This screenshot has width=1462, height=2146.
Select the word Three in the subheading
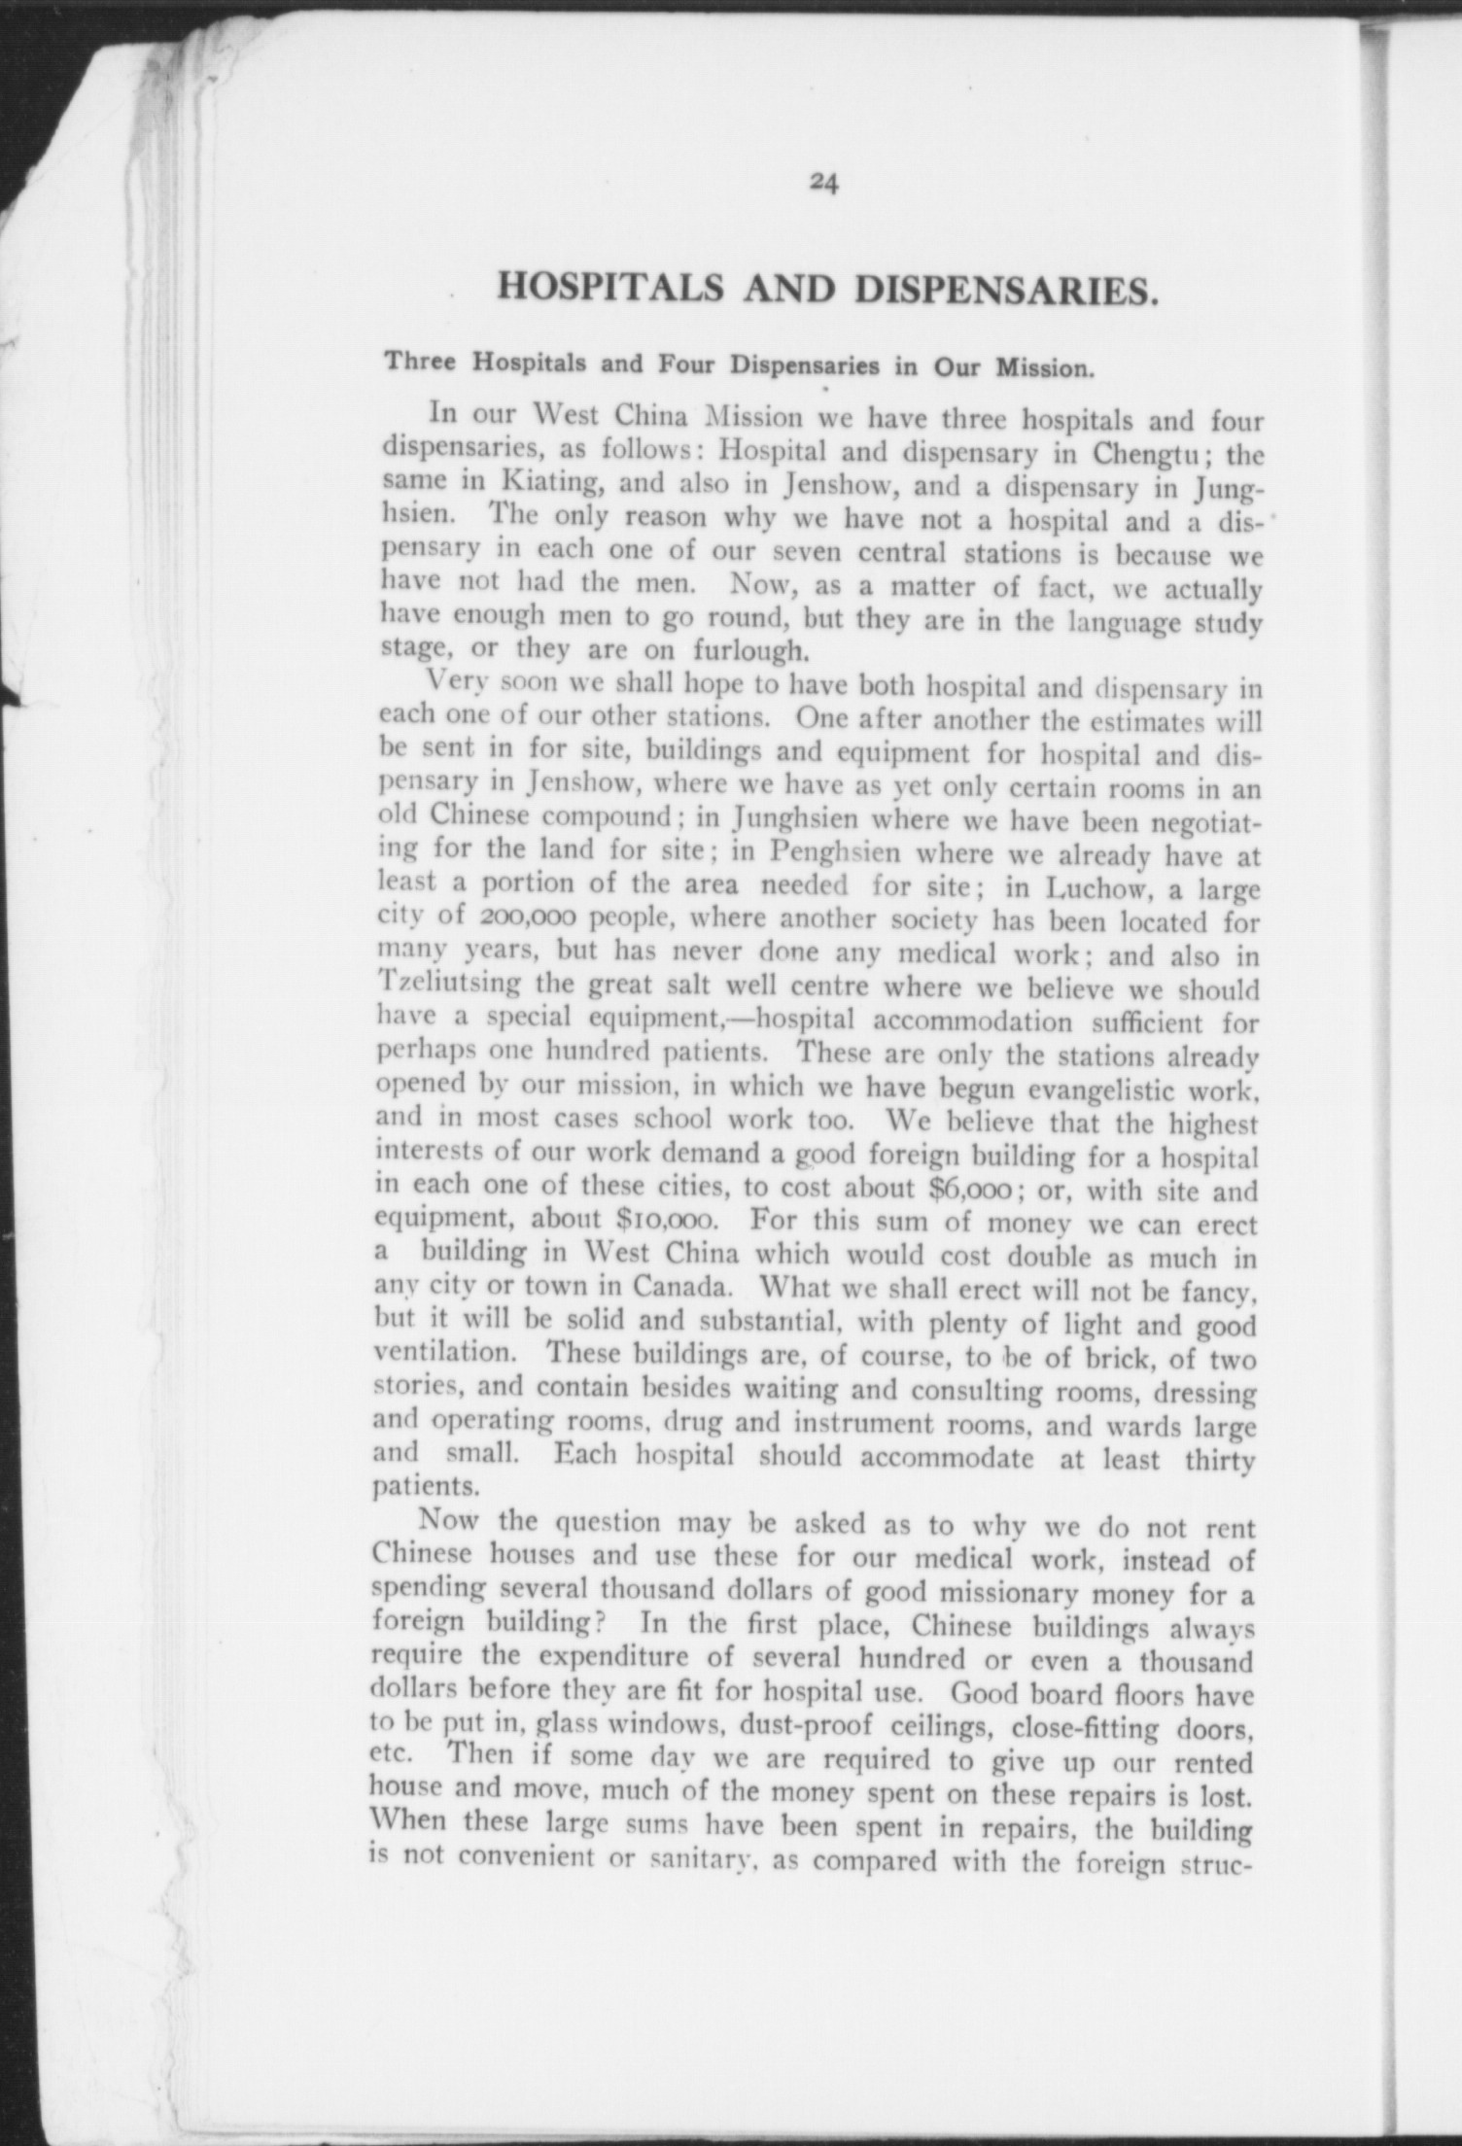pyautogui.click(x=423, y=363)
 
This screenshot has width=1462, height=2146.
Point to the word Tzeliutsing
pyautogui.click(x=450, y=986)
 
